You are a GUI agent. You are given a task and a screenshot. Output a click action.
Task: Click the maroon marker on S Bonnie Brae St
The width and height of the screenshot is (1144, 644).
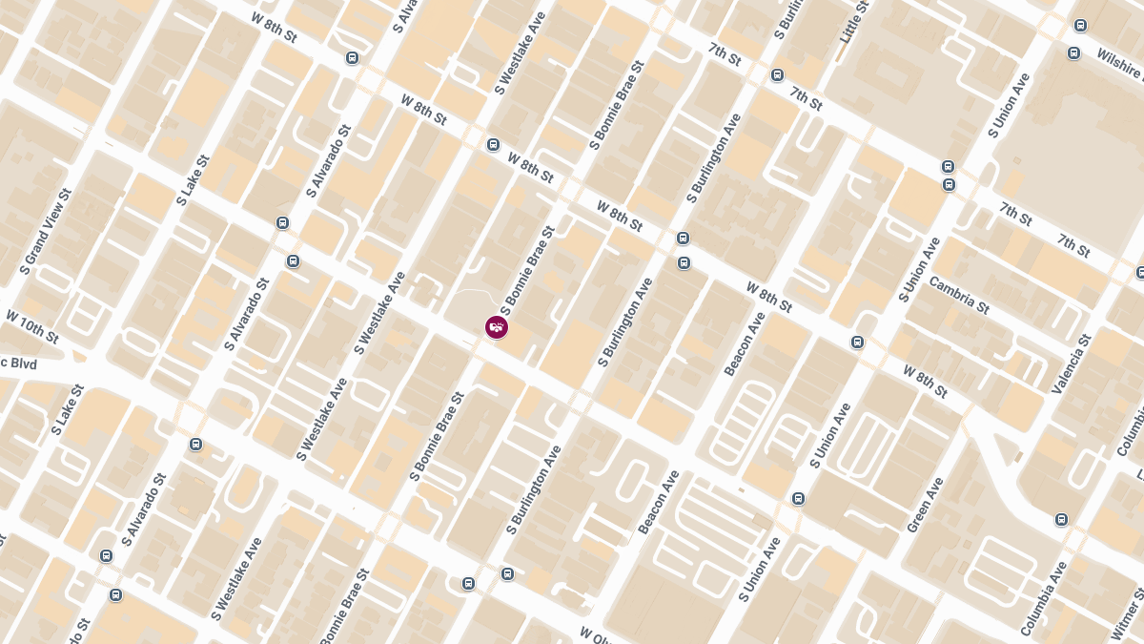point(496,327)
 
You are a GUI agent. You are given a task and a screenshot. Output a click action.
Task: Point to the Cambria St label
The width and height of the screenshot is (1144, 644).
point(959,295)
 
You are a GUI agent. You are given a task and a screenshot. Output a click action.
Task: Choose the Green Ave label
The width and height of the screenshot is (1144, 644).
point(925,506)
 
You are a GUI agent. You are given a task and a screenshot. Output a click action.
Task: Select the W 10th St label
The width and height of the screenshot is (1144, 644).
point(31,327)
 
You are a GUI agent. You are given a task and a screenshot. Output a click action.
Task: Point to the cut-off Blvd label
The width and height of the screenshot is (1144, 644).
point(18,364)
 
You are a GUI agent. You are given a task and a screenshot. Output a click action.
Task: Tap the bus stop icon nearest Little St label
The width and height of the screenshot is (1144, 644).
point(777,74)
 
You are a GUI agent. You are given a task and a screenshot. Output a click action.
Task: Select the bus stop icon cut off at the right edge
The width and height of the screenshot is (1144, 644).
point(1140,273)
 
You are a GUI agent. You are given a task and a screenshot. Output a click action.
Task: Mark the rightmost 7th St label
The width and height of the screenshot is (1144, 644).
point(1073,245)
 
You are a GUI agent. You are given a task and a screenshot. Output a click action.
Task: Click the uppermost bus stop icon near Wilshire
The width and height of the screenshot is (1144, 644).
point(1080,26)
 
